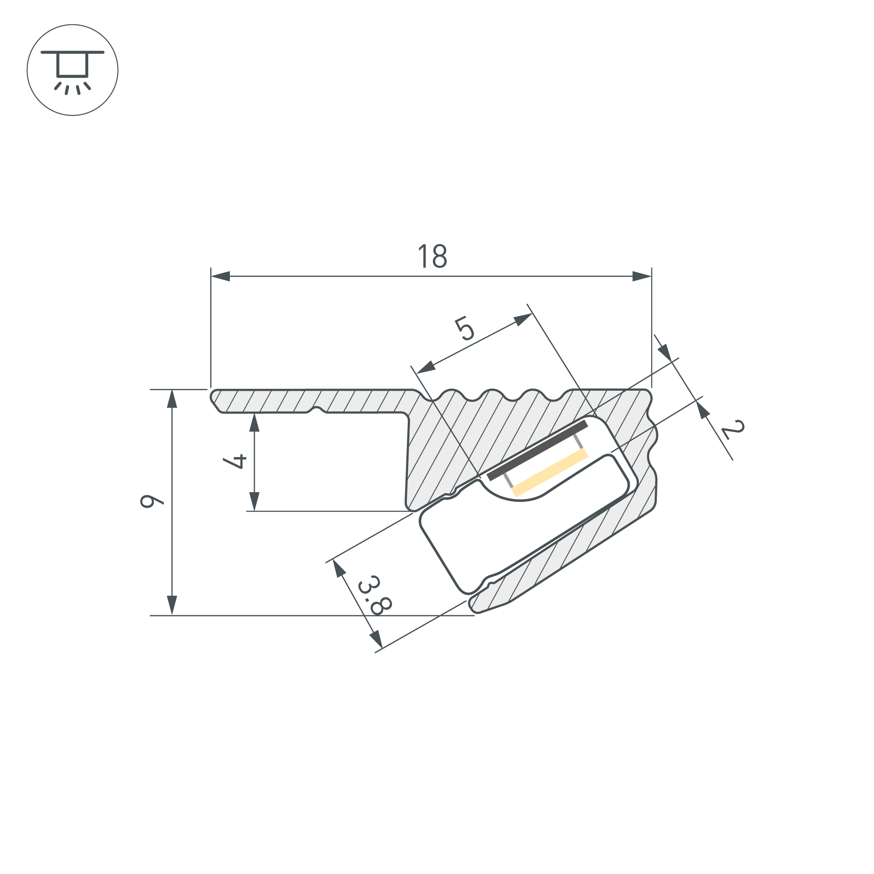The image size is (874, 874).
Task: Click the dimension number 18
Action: click(433, 256)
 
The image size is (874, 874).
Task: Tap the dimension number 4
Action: click(235, 461)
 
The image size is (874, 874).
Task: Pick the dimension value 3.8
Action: click(375, 595)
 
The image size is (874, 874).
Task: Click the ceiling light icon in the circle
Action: click(73, 72)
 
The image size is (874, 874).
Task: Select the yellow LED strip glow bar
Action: click(551, 473)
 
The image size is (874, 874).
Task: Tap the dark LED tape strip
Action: click(537, 450)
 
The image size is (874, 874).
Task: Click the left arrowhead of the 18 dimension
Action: click(220, 276)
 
